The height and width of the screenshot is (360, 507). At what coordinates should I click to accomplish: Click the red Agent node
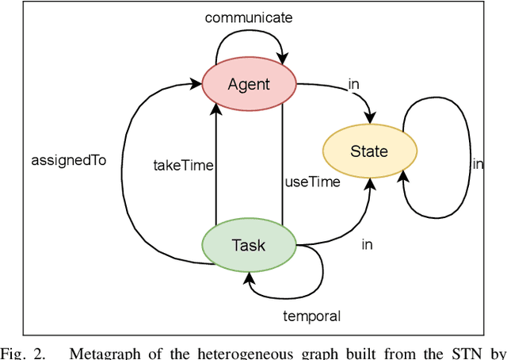(x=249, y=83)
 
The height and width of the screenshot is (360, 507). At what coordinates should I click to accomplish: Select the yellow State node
(x=369, y=151)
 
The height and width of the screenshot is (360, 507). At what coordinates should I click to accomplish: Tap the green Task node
(x=249, y=245)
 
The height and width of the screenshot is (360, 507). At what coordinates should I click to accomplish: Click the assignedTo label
(x=69, y=159)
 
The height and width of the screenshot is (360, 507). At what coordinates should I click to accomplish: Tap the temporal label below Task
(x=311, y=316)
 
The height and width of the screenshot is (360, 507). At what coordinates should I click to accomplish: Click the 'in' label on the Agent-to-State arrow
(x=354, y=84)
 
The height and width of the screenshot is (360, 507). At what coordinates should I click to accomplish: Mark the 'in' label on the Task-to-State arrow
(x=367, y=244)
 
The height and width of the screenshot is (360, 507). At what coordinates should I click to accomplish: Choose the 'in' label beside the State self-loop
(x=478, y=163)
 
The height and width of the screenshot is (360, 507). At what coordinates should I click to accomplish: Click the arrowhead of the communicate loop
(x=282, y=58)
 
